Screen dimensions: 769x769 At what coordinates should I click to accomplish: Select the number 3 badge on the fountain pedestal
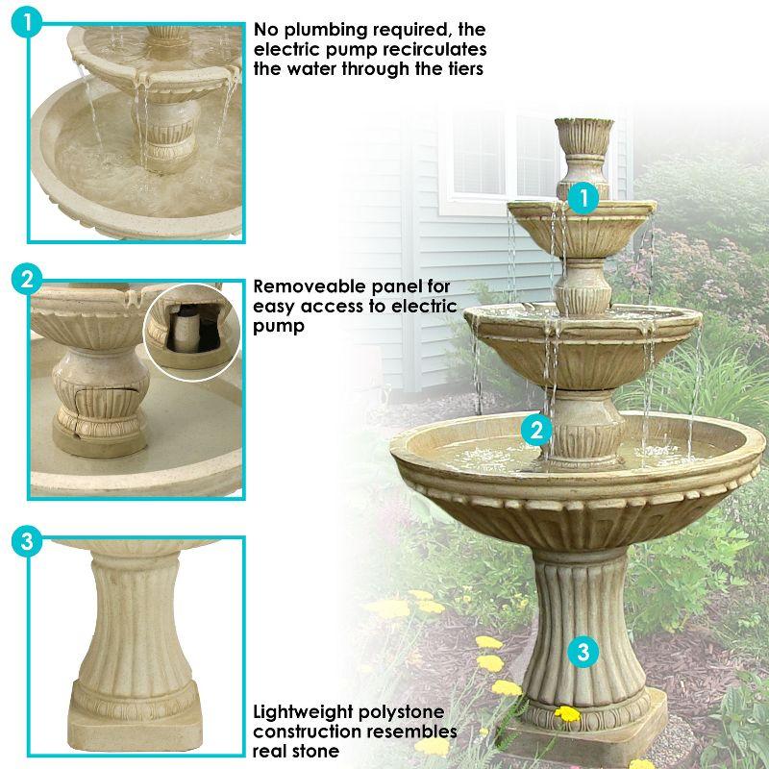tap(583, 652)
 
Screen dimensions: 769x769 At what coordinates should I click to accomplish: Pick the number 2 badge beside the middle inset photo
tap(27, 280)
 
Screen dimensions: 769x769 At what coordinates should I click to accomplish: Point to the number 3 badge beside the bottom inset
tap(27, 541)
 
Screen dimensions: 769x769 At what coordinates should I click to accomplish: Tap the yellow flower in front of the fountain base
tap(568, 714)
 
